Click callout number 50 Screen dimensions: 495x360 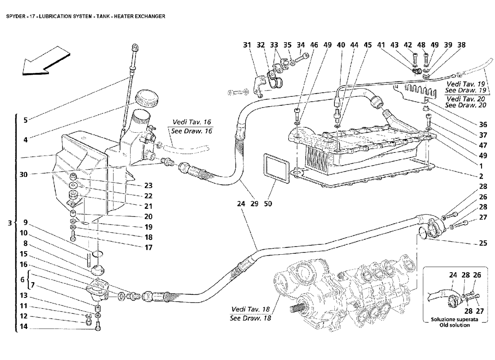[268, 204]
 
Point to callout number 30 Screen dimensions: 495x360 [24, 174]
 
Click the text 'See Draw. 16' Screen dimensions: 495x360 [190, 131]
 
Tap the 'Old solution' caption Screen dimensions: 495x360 [454, 325]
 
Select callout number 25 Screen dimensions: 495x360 [483, 243]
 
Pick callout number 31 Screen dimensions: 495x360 [247, 45]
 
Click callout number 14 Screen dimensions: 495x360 [24, 327]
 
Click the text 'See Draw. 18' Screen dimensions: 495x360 [251, 318]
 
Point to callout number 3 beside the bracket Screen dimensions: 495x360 [10, 223]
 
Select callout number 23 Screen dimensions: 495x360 [148, 186]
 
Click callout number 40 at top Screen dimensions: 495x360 [341, 45]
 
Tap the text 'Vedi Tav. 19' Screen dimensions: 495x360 [466, 84]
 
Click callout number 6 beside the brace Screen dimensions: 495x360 [22, 280]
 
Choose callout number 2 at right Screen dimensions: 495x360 [481, 176]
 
